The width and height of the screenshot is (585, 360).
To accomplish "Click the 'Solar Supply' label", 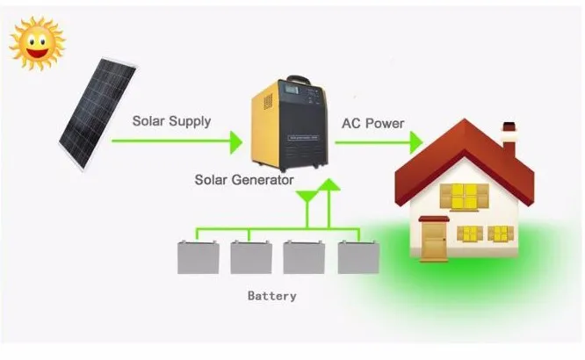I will [171, 121].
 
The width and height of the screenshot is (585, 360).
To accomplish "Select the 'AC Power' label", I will [372, 123].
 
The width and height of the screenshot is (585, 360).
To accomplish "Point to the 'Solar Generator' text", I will [244, 180].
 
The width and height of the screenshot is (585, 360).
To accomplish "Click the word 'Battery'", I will [271, 296].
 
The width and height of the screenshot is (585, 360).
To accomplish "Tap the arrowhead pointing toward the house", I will [412, 141].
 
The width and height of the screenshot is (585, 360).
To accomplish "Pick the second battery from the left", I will [249, 257].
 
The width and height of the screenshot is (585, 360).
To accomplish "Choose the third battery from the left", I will [302, 257].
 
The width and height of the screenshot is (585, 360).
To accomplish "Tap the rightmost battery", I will [356, 257].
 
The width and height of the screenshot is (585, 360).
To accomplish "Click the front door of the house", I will [433, 239].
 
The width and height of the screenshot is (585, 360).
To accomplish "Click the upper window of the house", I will [463, 196].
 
